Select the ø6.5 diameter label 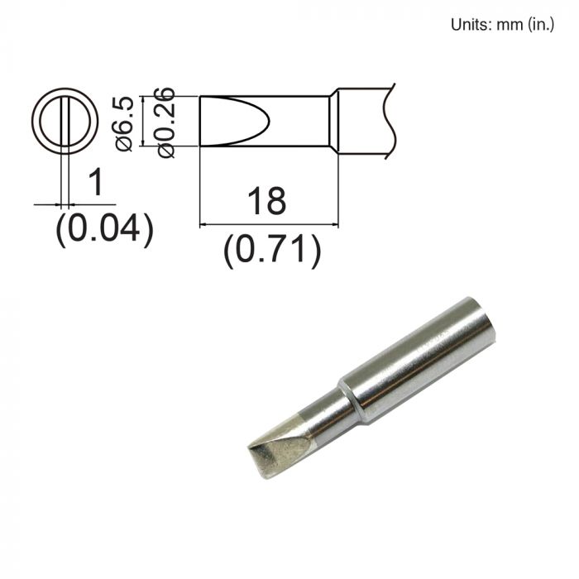coord(127,122)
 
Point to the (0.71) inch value coord(271,250)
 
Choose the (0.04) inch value coord(104,229)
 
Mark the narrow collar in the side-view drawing coord(333,122)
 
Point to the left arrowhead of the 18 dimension coord(204,223)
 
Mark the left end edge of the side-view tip coord(200,122)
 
